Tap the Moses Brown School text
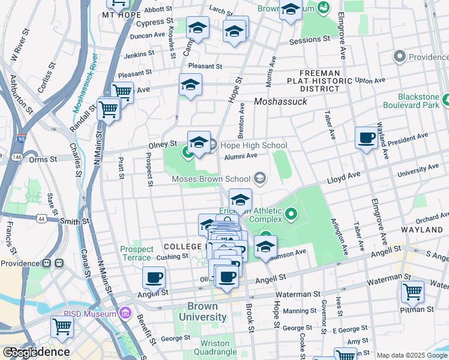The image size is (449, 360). tap(211, 179)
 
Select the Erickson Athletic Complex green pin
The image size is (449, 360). tap(292, 213)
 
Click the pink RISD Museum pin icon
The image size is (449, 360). tap(125, 313)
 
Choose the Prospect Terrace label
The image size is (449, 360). tap(137, 253)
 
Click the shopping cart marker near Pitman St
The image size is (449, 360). tap(412, 292)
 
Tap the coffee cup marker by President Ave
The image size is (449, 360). tap(366, 139)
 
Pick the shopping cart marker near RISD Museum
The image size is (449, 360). tap(62, 327)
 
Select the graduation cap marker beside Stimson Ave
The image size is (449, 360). tap(265, 246)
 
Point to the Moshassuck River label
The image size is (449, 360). tap(85, 82)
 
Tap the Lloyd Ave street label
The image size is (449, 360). tap(343, 177)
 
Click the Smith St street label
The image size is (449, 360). tap(76, 221)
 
